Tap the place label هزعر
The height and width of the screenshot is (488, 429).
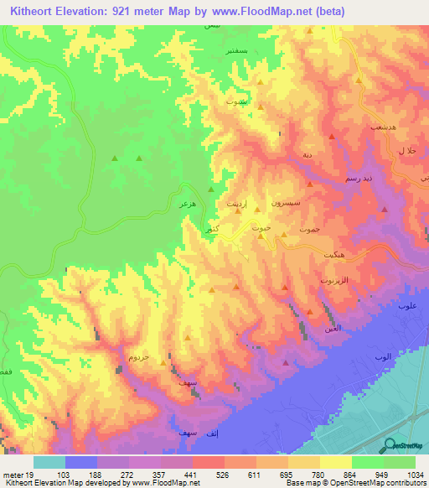point(187,204)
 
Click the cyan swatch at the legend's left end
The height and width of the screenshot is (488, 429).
point(49,462)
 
